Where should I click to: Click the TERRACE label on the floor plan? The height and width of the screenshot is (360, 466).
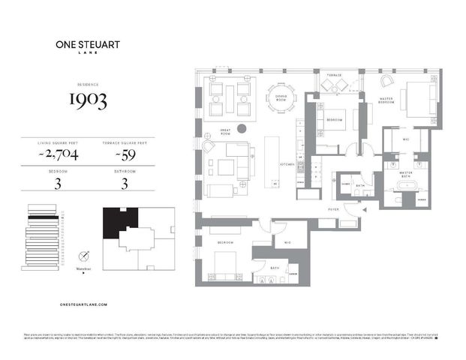click(x=333, y=75)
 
